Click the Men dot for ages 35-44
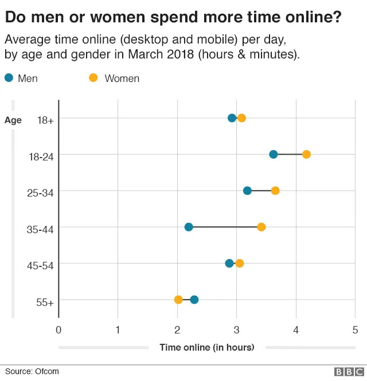tap(189, 227)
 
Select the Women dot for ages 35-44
tap(261, 227)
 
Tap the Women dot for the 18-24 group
tap(306, 154)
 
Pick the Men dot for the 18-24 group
tap(274, 154)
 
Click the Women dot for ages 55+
tap(178, 300)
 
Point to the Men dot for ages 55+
tap(194, 300)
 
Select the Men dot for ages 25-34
tap(247, 191)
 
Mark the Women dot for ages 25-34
tap(275, 191)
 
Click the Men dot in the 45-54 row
tap(229, 264)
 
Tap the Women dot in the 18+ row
tap(241, 118)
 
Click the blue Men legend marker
tap(9, 78)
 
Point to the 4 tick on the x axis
tap(296, 329)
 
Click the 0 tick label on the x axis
tap(58, 329)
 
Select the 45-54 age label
tap(40, 265)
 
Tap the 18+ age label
tap(45, 120)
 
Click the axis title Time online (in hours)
tap(206, 347)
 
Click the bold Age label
tap(13, 120)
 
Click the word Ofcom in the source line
tap(46, 371)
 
